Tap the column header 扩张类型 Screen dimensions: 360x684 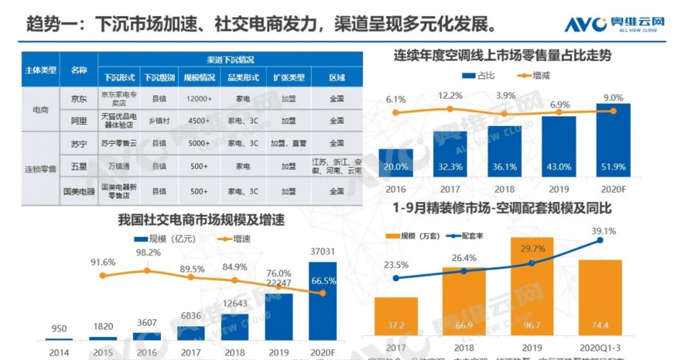point(288,78)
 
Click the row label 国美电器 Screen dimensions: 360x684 point(79,191)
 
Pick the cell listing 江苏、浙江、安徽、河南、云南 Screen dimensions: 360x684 point(337,166)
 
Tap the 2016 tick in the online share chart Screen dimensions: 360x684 point(396,189)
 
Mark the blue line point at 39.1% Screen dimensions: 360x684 point(600,240)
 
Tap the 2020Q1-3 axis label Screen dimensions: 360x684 point(600,348)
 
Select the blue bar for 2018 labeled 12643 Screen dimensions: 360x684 point(235,327)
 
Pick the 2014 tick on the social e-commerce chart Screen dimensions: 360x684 point(59,352)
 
